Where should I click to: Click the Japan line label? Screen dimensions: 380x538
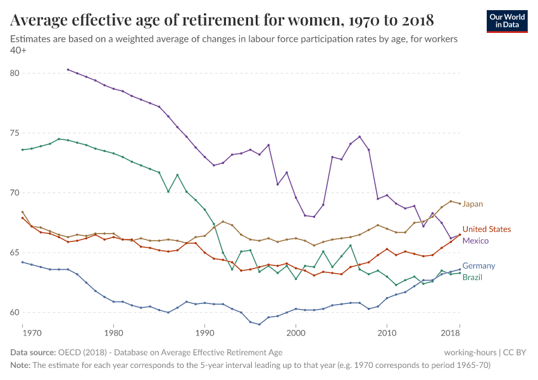click(x=472, y=204)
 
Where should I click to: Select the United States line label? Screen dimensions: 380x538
click(x=486, y=229)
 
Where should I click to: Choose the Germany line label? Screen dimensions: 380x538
click(x=479, y=266)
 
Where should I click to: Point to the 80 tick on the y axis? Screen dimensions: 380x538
click(x=15, y=73)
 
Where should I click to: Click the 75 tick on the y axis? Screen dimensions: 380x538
click(x=15, y=133)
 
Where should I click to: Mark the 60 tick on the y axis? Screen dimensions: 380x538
click(x=15, y=312)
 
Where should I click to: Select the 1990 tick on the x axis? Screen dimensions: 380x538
click(x=204, y=332)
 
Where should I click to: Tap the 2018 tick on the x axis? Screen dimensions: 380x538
click(x=451, y=332)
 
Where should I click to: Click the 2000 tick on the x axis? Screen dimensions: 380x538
click(x=296, y=332)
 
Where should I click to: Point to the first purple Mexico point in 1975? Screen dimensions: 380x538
click(x=68, y=70)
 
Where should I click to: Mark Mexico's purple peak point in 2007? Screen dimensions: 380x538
click(x=360, y=137)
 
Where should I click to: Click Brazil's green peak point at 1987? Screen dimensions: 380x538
click(x=177, y=175)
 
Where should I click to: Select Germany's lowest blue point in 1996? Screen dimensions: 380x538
click(x=259, y=324)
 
